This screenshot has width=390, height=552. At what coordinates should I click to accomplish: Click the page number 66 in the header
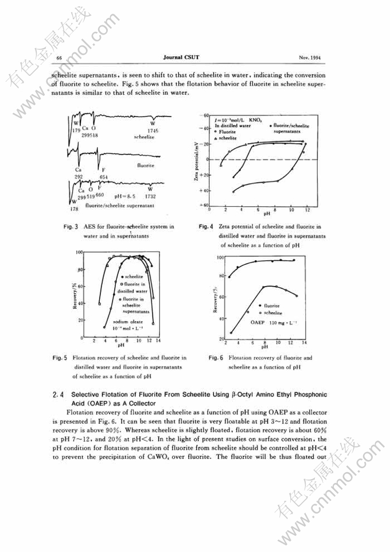(x=59, y=58)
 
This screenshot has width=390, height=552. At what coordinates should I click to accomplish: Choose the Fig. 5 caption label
(x=61, y=357)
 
